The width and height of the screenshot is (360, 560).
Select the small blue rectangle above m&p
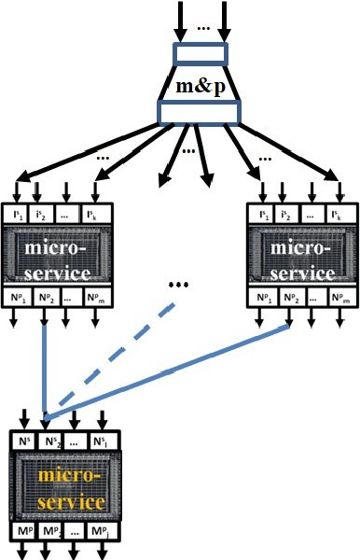(200, 53)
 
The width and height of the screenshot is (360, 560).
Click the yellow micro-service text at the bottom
(65, 487)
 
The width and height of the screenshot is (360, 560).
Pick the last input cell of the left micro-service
(99, 215)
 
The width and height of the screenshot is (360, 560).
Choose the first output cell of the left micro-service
(19, 299)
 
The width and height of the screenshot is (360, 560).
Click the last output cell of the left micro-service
(99, 299)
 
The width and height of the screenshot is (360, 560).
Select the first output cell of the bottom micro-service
(23, 533)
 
